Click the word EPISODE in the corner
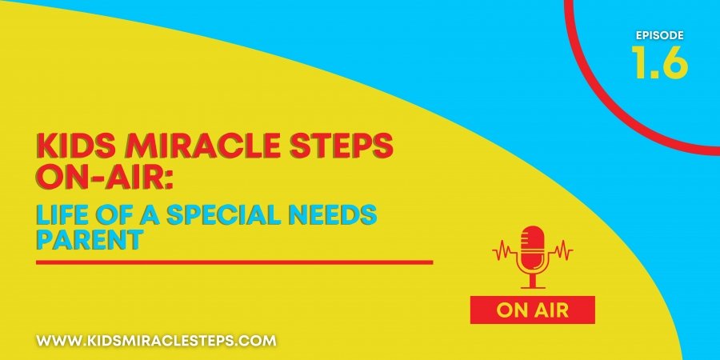[x=660, y=35]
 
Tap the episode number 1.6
[x=660, y=62]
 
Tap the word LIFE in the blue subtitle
[x=60, y=216]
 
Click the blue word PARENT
[x=88, y=240]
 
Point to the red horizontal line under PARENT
[x=234, y=262]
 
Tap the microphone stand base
[x=533, y=286]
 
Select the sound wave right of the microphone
[x=560, y=250]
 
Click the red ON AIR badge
[x=533, y=310]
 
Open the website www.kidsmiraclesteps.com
[x=156, y=341]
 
